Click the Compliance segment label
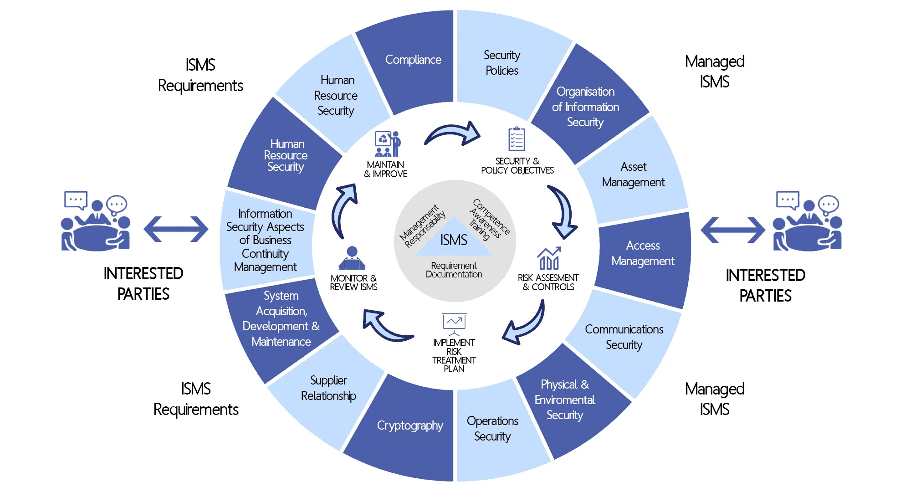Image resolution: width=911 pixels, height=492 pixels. [x=413, y=60]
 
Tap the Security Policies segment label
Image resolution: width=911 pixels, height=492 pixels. [x=502, y=63]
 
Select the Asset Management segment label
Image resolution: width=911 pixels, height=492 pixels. [x=633, y=174]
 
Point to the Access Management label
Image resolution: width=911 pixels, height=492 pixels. [x=643, y=253]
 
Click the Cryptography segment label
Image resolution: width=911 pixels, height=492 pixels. [x=410, y=425]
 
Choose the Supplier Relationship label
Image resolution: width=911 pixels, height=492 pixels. [x=328, y=388]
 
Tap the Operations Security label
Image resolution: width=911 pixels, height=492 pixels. [x=492, y=428]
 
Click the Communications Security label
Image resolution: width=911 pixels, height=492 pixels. [x=624, y=337]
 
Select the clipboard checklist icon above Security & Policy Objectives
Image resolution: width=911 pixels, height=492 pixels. [x=517, y=139]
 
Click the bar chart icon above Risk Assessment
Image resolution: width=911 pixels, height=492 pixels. [x=549, y=258]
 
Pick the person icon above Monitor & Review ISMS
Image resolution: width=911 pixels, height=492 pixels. [x=352, y=259]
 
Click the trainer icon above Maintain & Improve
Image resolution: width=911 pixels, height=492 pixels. [x=387, y=144]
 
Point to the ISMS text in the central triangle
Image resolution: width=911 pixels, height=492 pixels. [x=454, y=240]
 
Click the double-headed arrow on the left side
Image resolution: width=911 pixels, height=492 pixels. [x=176, y=229]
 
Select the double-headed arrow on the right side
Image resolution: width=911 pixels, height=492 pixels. [x=732, y=230]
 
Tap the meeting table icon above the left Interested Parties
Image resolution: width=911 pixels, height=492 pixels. [x=96, y=221]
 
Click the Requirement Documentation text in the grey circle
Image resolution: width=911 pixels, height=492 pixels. [x=454, y=270]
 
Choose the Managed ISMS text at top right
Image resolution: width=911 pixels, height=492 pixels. [x=714, y=72]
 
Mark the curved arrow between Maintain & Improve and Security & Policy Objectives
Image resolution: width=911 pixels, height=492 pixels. [x=453, y=134]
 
